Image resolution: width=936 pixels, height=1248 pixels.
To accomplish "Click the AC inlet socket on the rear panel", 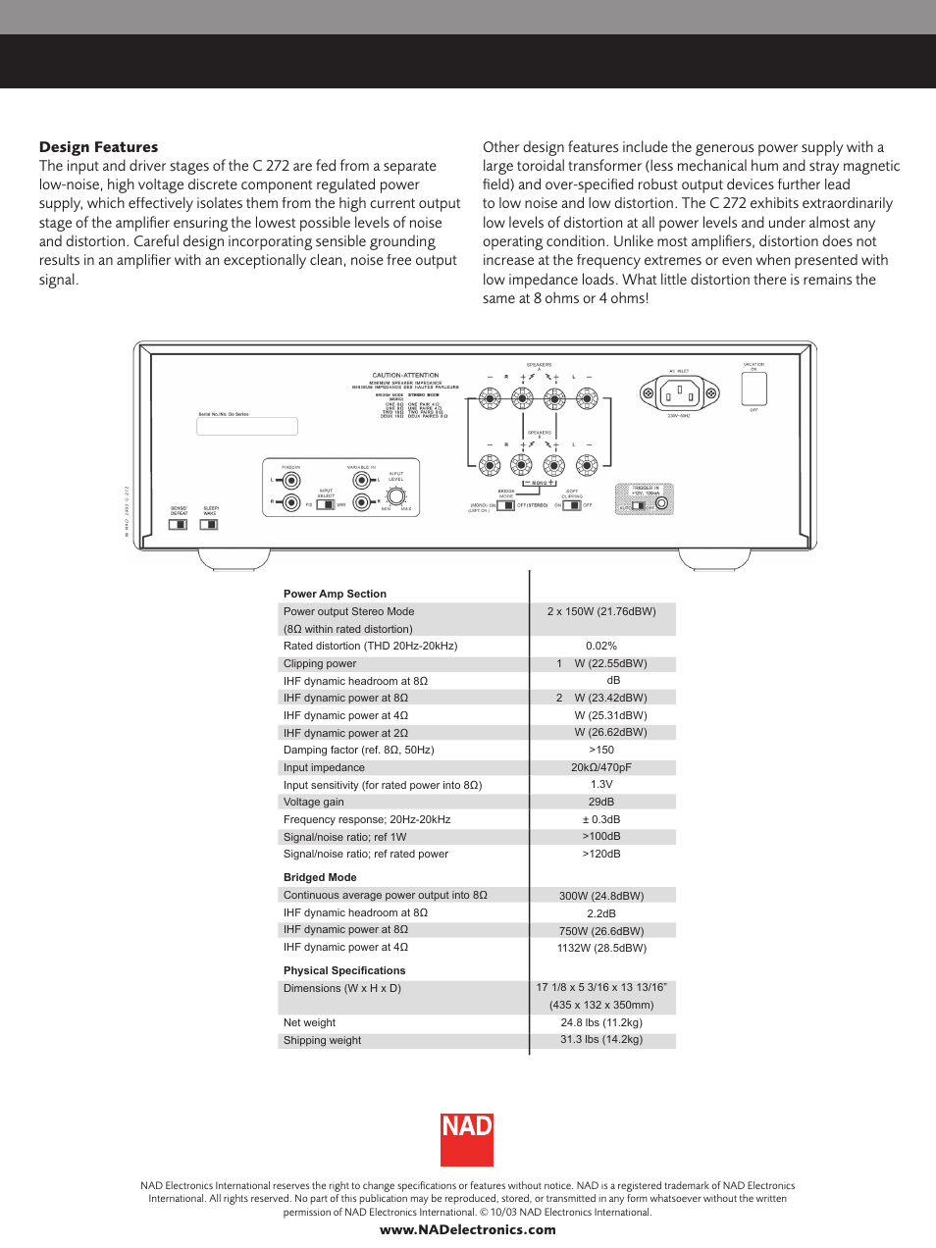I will coord(679,394).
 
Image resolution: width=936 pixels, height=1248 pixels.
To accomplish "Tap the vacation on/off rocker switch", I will coord(754,390).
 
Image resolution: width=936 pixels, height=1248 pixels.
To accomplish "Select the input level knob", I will coord(395,496).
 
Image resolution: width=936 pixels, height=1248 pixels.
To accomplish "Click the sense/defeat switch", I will coord(178,525).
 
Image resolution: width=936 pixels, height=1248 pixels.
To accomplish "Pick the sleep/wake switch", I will coord(209,525).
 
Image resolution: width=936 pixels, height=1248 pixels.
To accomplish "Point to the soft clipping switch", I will coord(572,505).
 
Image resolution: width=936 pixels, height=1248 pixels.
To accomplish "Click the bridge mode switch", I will coord(505,505).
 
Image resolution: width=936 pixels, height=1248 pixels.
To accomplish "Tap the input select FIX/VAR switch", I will coord(326,504).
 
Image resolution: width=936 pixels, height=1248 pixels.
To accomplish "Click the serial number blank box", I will coord(247,427).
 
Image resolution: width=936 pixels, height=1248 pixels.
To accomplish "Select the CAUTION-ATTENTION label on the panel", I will coord(405,375).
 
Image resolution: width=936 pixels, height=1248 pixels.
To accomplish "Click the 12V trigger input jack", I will coord(662,504).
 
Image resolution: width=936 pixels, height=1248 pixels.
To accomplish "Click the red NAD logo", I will coord(466,1139).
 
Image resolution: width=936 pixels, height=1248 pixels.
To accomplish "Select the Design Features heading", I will coord(98,147).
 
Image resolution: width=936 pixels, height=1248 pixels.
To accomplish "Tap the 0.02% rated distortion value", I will coord(601,646).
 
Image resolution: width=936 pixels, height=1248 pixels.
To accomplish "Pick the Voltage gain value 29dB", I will coord(601,802).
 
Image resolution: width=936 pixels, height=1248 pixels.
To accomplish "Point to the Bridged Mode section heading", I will coord(320,877).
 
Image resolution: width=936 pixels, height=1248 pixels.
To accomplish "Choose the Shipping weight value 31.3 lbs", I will coord(601,1039).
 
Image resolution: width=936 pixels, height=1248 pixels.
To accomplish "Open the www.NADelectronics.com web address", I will coord(467,1230).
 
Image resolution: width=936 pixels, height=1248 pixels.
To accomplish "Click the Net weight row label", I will coord(309,1022).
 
